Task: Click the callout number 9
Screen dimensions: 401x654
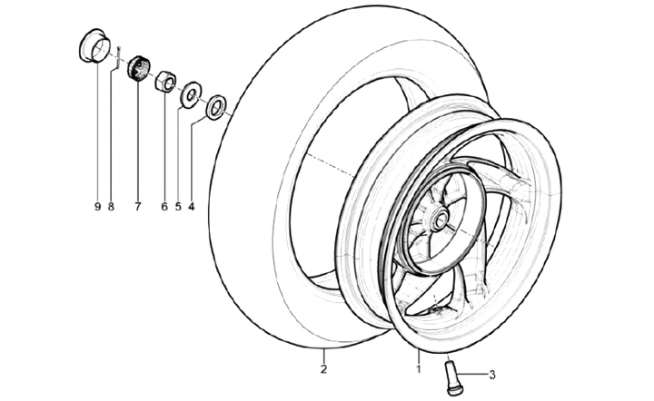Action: (96, 207)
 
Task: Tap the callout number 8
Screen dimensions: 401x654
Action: (111, 207)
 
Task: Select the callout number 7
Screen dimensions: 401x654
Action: (138, 207)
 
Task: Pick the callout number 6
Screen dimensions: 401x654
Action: (164, 207)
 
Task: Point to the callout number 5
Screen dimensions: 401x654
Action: (178, 207)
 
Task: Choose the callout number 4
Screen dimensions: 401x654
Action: (192, 207)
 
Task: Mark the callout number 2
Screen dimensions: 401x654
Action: (322, 368)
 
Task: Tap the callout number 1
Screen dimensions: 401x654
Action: (419, 368)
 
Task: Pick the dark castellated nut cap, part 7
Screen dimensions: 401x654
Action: (139, 69)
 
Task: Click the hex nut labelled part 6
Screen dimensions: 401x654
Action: (165, 82)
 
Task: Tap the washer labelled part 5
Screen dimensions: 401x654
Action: (191, 93)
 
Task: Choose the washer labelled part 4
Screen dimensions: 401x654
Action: (216, 107)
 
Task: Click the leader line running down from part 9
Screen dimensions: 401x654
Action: (96, 136)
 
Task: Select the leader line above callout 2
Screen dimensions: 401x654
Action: (322, 354)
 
